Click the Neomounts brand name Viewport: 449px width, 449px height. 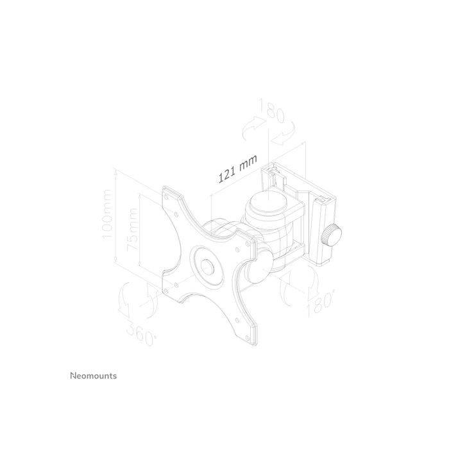pyautogui.click(x=93, y=377)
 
